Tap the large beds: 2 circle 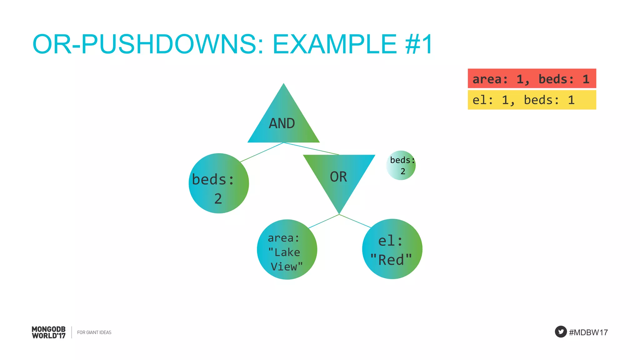click(x=219, y=183)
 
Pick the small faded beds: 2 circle click(x=401, y=165)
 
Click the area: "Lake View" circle click(x=287, y=249)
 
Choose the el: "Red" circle click(x=392, y=249)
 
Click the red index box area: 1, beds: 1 click(x=532, y=78)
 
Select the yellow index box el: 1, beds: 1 click(x=532, y=100)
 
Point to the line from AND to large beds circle click(x=262, y=152)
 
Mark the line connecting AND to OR click(x=311, y=149)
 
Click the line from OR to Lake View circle click(x=324, y=221)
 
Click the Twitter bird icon click(x=561, y=332)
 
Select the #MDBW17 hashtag click(x=588, y=332)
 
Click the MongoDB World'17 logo click(x=49, y=332)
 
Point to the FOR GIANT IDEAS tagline click(x=94, y=332)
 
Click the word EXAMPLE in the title click(x=335, y=44)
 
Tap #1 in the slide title click(x=419, y=44)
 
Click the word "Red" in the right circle click(x=391, y=260)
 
